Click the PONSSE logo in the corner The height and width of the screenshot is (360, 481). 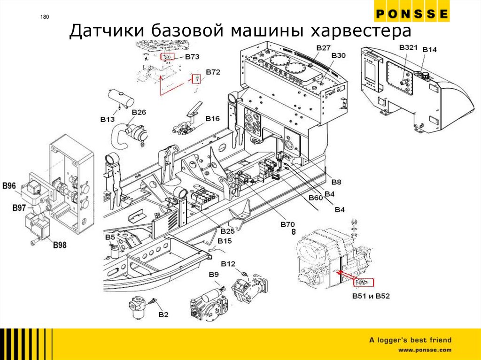click(411, 14)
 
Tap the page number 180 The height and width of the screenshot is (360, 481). click(45, 18)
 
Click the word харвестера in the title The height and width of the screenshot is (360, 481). click(360, 32)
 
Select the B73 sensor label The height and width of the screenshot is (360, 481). click(192, 57)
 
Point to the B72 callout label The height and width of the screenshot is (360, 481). click(213, 72)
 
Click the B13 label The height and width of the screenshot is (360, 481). click(108, 120)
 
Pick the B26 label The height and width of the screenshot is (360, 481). click(139, 112)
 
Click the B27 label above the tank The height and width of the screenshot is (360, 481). click(324, 48)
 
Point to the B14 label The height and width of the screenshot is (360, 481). click(430, 50)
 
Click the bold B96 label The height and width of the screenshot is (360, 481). click(9, 186)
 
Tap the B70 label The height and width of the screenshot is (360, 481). click(287, 225)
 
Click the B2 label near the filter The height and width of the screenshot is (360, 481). click(163, 314)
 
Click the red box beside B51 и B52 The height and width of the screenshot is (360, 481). click(363, 283)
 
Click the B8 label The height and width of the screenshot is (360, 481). click(336, 182)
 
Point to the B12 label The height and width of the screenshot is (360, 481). click(228, 264)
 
